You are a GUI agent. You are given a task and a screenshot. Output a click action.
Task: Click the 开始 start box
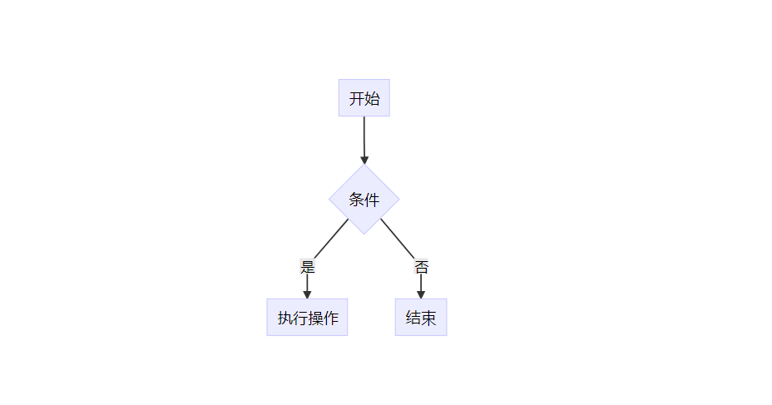pyautogui.click(x=364, y=98)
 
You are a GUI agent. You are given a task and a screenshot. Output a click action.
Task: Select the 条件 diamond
pyautogui.click(x=364, y=199)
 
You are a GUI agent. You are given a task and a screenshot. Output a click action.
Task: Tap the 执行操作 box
pyautogui.click(x=307, y=317)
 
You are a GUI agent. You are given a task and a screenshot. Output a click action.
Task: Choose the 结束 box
pyautogui.click(x=420, y=317)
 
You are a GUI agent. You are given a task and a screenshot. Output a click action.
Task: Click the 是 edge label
pyautogui.click(x=307, y=267)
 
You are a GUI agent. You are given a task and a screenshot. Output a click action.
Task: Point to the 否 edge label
pyautogui.click(x=421, y=267)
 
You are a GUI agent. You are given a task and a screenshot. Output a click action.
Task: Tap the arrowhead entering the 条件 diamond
pyautogui.click(x=364, y=159)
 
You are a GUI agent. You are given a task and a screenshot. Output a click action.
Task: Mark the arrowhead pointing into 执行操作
pyautogui.click(x=307, y=294)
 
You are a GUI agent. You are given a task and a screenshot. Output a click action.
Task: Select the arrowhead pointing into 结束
pyautogui.click(x=421, y=294)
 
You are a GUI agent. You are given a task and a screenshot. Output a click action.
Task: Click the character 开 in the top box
pyautogui.click(x=357, y=99)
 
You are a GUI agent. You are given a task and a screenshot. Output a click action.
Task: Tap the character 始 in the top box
pyautogui.click(x=372, y=99)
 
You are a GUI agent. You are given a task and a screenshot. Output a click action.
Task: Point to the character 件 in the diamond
pyautogui.click(x=372, y=200)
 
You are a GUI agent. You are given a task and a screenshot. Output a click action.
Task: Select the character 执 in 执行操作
pyautogui.click(x=285, y=318)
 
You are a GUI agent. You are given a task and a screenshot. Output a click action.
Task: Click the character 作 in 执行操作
pyautogui.click(x=329, y=318)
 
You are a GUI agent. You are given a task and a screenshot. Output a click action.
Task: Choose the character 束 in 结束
pyautogui.click(x=428, y=318)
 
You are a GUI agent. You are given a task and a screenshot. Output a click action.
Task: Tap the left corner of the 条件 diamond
pyautogui.click(x=330, y=199)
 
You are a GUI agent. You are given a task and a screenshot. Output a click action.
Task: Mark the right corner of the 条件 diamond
pyautogui.click(x=398, y=199)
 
